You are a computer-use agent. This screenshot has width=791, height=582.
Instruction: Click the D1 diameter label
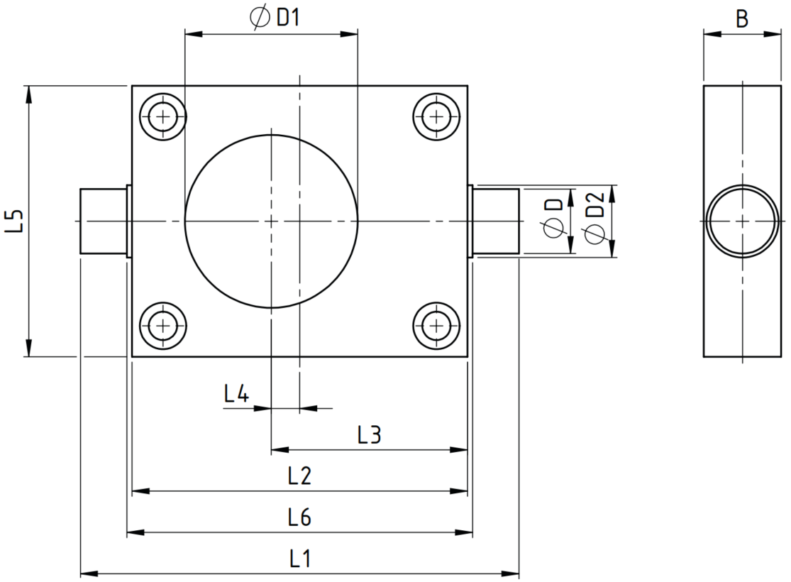(275, 18)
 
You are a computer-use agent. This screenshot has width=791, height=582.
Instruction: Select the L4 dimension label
(237, 393)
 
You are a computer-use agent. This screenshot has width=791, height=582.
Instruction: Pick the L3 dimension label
(369, 434)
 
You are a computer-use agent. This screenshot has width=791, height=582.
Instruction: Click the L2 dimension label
(299, 476)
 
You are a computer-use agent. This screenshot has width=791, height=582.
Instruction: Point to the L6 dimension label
(299, 517)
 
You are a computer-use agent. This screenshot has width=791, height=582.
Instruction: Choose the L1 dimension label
(299, 559)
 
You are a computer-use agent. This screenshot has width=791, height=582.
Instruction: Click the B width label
(741, 19)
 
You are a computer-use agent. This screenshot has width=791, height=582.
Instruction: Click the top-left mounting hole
(162, 117)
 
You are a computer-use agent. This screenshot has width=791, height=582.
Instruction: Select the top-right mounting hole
(436, 117)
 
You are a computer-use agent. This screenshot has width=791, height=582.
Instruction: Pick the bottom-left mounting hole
(162, 326)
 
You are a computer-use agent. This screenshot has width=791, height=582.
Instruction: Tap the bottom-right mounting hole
(436, 326)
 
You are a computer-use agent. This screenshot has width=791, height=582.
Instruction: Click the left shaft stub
(103, 221)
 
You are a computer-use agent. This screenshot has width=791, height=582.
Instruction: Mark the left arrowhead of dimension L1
(89, 574)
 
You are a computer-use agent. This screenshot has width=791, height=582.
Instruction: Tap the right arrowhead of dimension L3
(459, 449)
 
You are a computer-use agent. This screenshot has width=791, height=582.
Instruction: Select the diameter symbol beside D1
(260, 18)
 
